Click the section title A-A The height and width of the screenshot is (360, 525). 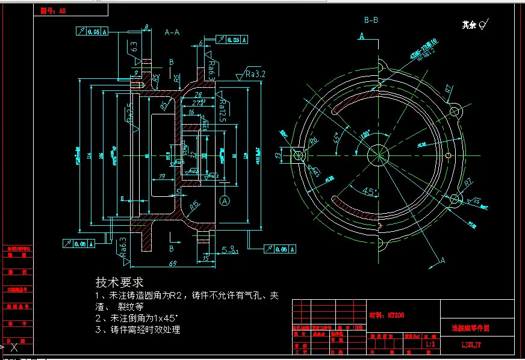click(172, 32)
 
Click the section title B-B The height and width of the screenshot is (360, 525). click(371, 20)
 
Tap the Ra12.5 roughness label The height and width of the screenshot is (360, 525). click(222, 107)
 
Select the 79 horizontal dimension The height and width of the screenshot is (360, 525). click(161, 176)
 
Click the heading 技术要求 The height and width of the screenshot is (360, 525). click(119, 282)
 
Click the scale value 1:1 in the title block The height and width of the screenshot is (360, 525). click(430, 344)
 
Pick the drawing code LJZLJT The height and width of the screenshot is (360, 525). click(471, 346)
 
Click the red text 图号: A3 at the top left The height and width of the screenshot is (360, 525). click(52, 11)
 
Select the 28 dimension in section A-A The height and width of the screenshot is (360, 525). click(198, 95)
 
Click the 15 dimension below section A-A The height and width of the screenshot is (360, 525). click(206, 258)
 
